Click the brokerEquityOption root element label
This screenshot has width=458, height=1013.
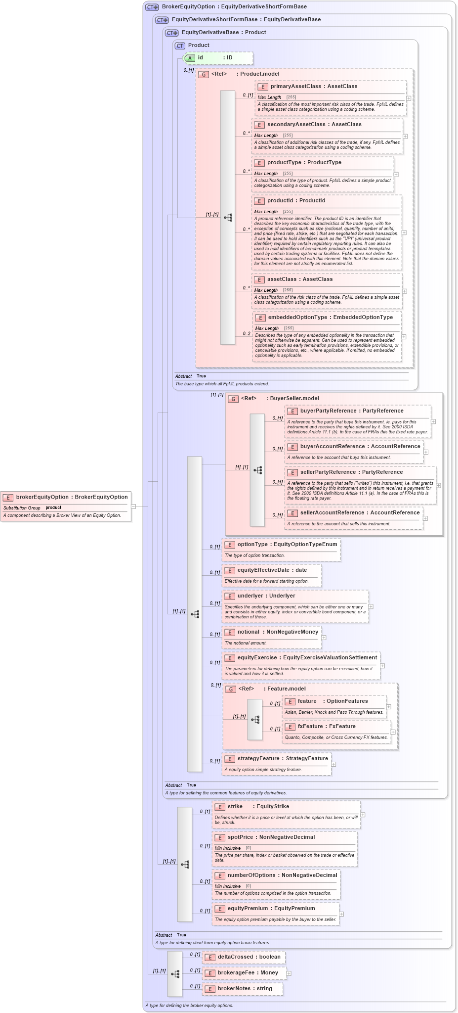click(42, 497)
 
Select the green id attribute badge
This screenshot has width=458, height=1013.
click(190, 58)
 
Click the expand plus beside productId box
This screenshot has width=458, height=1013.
click(404, 232)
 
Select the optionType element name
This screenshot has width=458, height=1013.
click(252, 545)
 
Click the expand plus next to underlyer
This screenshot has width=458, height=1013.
click(371, 606)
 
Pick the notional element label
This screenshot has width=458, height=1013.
click(248, 632)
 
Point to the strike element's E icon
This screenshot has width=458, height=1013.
click(220, 807)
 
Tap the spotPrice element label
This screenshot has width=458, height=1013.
click(241, 837)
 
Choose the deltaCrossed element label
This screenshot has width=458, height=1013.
click(236, 957)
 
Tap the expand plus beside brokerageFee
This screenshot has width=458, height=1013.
click(289, 973)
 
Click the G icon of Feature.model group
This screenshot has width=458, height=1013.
click(231, 689)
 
